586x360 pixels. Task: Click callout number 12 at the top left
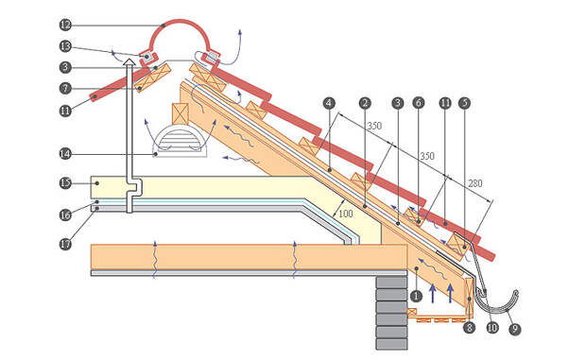pyautogui.click(x=65, y=25)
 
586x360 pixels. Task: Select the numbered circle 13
pyautogui.click(x=65, y=46)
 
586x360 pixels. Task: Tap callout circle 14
pyautogui.click(x=65, y=153)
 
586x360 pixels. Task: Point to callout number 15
pyautogui.click(x=65, y=183)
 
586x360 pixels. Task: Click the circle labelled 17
pyautogui.click(x=65, y=244)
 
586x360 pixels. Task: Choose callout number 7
pyautogui.click(x=65, y=89)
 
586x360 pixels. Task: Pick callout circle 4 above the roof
pyautogui.click(x=329, y=103)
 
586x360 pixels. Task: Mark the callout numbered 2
pyautogui.click(x=365, y=103)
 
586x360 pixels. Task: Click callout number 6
pyautogui.click(x=418, y=103)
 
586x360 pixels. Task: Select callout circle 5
pyautogui.click(x=464, y=103)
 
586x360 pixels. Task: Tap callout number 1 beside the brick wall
pyautogui.click(x=416, y=296)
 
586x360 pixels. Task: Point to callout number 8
pyautogui.click(x=469, y=328)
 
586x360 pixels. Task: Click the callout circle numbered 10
pyautogui.click(x=492, y=328)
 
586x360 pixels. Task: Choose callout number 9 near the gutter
pyautogui.click(x=514, y=329)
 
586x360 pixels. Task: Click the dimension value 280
pyautogui.click(x=474, y=183)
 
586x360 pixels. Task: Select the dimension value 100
pyautogui.click(x=345, y=214)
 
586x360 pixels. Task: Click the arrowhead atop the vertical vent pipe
pyautogui.click(x=129, y=61)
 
